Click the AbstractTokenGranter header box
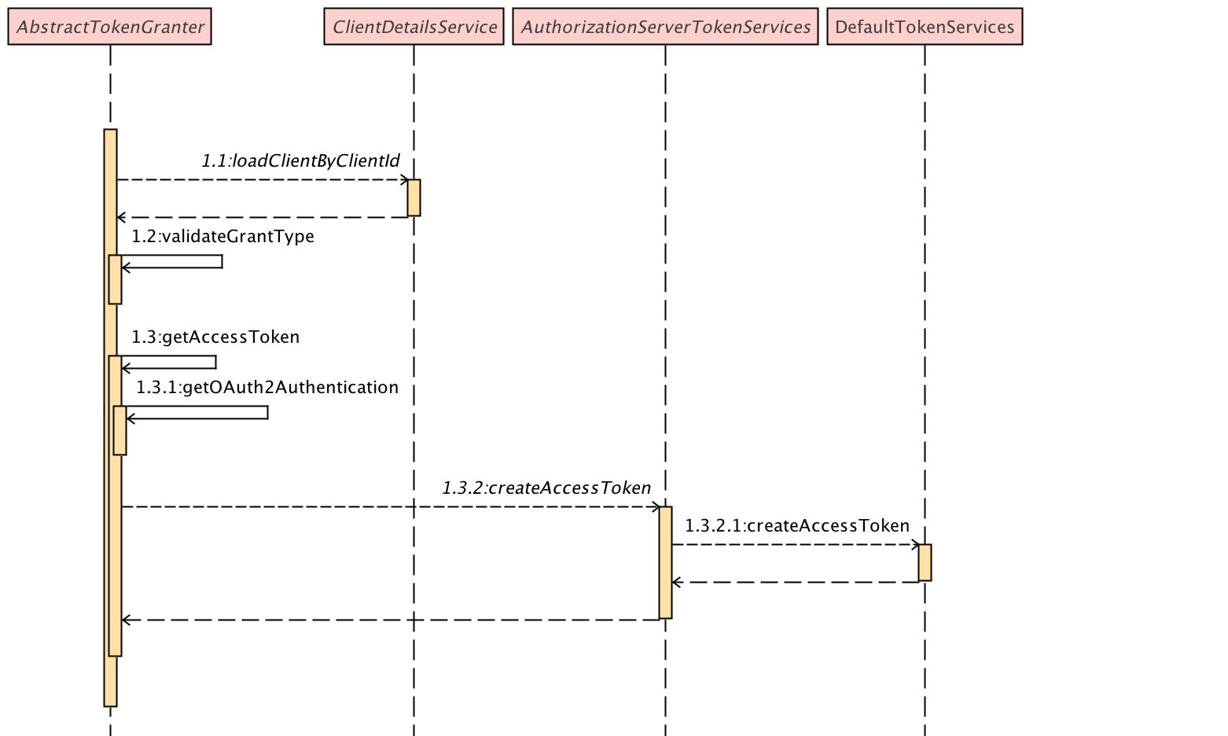[x=110, y=27]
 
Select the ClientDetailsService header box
[x=414, y=27]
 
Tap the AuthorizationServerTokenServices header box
[x=665, y=27]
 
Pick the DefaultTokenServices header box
[x=925, y=27]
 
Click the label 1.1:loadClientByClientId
[x=300, y=161]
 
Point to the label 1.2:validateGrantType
[x=222, y=237]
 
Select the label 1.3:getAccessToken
[x=215, y=337]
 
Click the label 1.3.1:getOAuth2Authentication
[x=267, y=388]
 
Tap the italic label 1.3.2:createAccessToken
[x=546, y=488]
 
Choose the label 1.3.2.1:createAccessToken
[x=797, y=526]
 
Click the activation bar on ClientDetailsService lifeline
[x=414, y=198]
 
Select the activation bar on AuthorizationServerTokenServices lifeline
[x=665, y=562]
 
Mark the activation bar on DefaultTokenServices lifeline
[x=925, y=562]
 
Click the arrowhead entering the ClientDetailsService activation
[x=404, y=180]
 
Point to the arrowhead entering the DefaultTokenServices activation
[x=915, y=545]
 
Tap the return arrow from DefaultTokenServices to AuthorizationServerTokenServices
[x=794, y=583]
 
